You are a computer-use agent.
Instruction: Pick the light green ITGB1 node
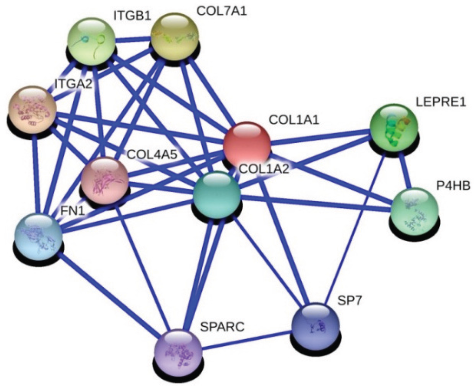coord(92,40)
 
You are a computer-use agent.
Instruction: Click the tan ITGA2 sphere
coord(33,109)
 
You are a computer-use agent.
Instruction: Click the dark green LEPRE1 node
coord(393,127)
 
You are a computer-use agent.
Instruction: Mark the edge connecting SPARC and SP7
coord(246,340)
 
